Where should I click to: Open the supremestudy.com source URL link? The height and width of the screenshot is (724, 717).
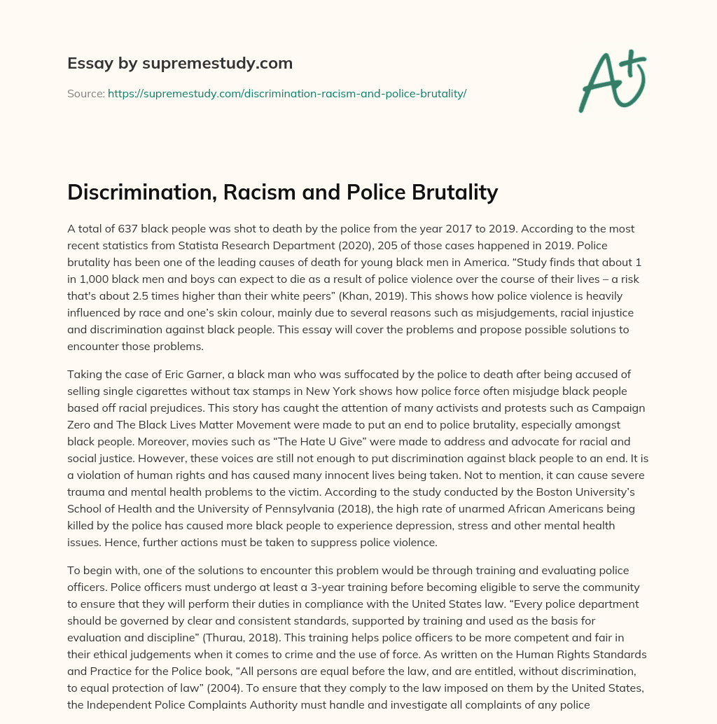[287, 93]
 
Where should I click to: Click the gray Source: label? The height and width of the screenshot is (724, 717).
[85, 93]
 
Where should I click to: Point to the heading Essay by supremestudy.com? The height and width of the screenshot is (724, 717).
[180, 64]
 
